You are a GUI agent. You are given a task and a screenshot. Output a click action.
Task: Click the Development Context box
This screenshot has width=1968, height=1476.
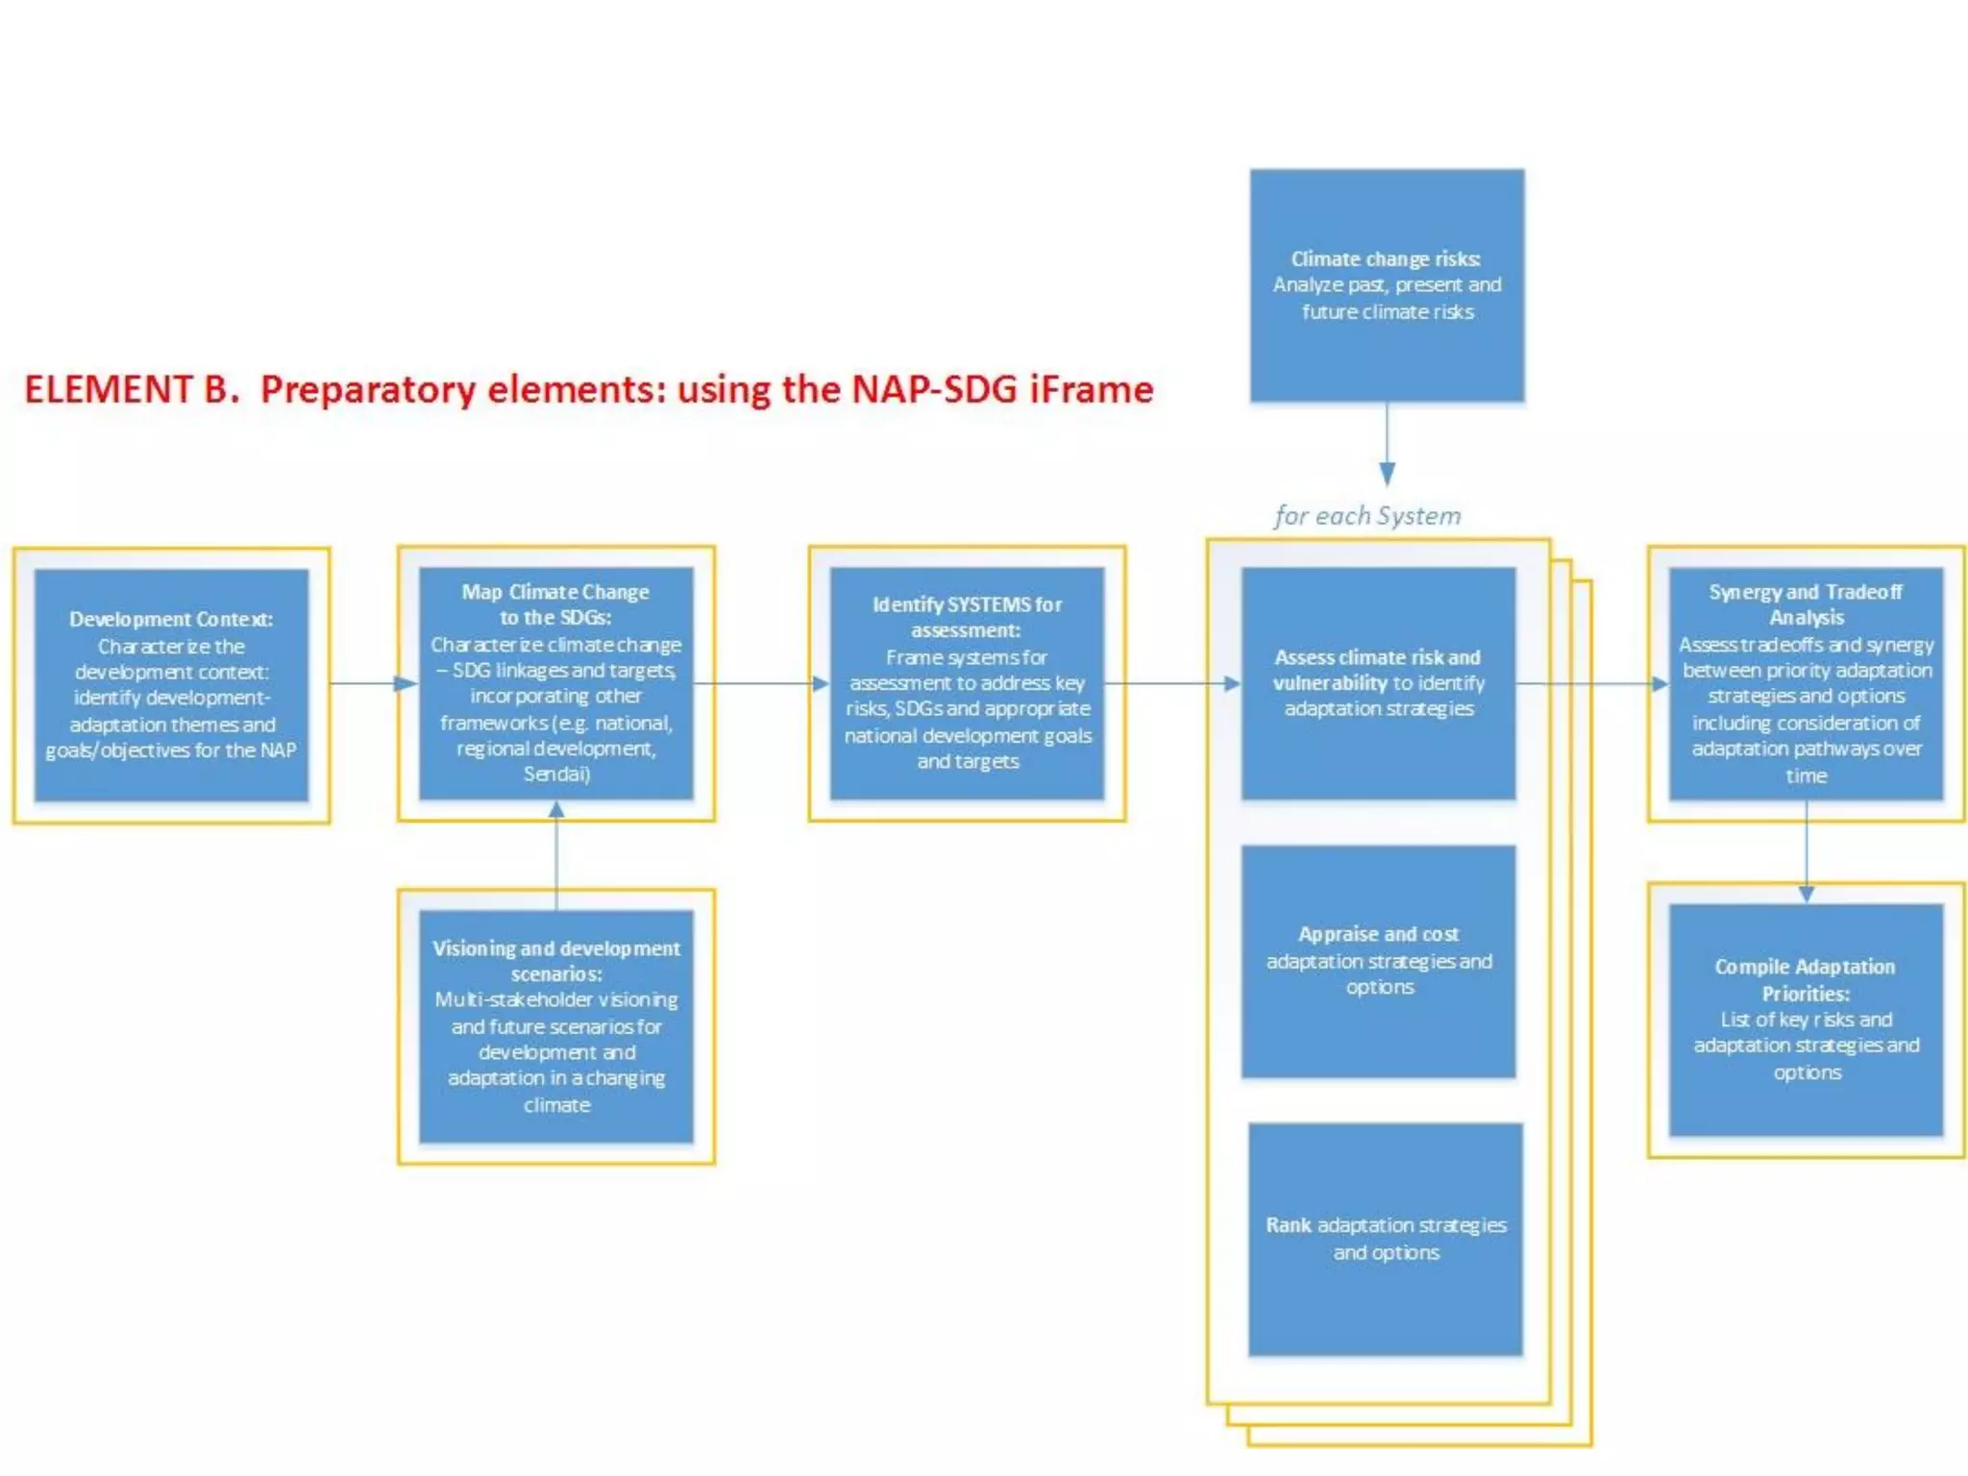point(171,685)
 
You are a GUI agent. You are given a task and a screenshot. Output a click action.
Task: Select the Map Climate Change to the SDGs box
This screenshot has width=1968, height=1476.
point(555,683)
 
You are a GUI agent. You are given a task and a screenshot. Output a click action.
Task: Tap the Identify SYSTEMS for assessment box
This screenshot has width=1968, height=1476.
point(967,683)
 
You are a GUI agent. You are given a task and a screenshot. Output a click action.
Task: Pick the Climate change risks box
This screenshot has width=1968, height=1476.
point(1387,285)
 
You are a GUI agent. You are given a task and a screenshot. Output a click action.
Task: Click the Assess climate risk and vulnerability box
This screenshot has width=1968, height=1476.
point(1378,683)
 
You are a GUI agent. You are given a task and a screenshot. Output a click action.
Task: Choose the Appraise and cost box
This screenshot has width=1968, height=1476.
point(1378,961)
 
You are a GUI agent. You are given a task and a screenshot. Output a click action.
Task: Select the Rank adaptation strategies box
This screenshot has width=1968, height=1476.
point(1386,1239)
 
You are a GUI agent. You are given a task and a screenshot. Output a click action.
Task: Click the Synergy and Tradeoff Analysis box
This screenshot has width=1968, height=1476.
point(1806,683)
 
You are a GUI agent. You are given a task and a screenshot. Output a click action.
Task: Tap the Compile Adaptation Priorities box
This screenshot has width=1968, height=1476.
point(1806,1020)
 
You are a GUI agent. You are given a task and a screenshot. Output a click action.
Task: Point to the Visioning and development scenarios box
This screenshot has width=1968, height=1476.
point(555,1026)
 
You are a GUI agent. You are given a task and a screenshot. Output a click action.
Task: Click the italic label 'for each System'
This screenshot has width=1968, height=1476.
point(1367,516)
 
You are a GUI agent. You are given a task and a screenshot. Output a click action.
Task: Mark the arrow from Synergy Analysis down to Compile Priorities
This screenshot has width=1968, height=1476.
point(1806,851)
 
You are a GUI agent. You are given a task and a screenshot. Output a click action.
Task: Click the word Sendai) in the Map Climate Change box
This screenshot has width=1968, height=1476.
point(556,774)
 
